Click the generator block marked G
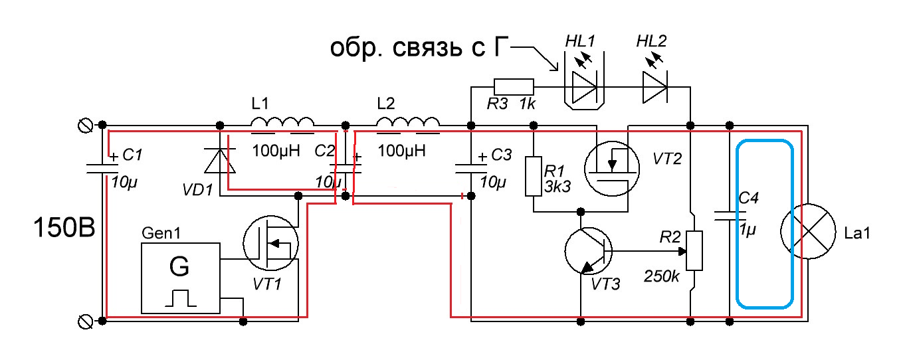tap(181, 278)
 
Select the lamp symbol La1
tap(808, 231)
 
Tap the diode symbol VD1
tap(220, 161)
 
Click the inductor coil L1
tap(282, 122)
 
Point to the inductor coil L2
tap(408, 122)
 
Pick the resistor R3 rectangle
tap(514, 87)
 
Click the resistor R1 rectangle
tap(534, 177)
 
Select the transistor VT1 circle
tap(271, 242)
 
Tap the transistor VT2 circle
tap(612, 169)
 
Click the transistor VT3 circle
tap(589, 251)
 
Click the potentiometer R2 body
tap(694, 250)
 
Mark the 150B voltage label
tap(64, 227)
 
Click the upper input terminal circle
tap(85, 126)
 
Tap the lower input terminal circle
tap(85, 321)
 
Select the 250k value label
tap(662, 276)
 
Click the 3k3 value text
tap(557, 187)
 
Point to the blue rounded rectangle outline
tap(738, 224)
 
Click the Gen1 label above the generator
tap(161, 233)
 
